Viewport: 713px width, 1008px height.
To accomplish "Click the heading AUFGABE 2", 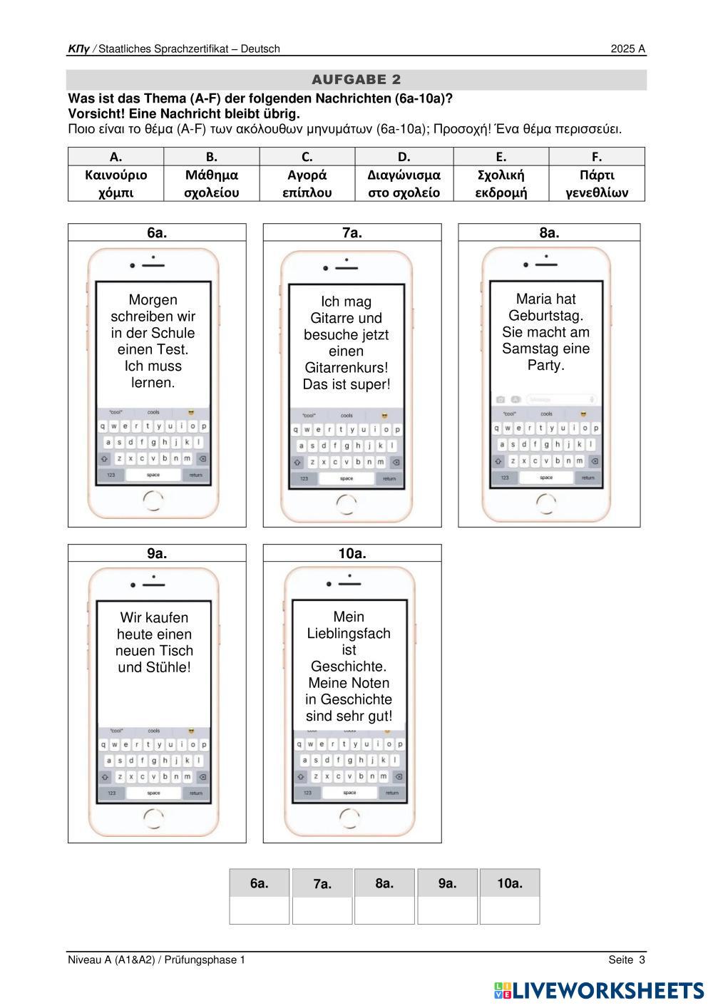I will pos(356,79).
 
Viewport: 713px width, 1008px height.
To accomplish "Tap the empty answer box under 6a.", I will pos(260,910).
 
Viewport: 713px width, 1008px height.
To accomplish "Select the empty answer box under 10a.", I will pos(510,910).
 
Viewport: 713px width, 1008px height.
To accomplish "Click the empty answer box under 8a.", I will pos(385,910).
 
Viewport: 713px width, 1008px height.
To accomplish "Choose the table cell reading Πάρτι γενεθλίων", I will pos(597,184).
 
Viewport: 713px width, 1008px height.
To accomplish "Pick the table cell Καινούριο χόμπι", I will pos(116,184).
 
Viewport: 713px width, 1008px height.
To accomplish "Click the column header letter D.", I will pos(404,157).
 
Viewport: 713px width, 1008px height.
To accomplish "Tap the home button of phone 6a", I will pos(153,501).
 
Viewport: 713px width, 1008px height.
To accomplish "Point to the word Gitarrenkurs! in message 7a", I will pos(347,368).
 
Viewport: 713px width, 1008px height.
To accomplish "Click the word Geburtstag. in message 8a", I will pos(546,316).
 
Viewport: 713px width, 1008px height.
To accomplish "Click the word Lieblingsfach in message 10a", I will pos(349,633).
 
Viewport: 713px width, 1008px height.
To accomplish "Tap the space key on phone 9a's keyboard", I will pos(153,793).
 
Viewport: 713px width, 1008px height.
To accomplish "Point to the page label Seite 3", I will pos(627,960).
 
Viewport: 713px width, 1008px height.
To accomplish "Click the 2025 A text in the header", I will pos(627,49).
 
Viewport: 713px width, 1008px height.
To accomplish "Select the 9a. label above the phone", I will pos(157,553).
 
